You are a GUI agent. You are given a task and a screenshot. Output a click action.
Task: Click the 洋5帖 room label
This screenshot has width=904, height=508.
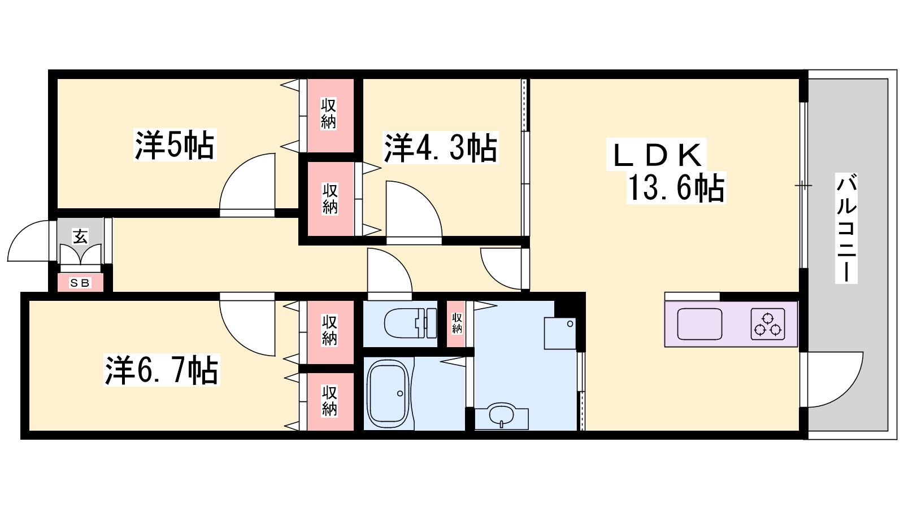pos(175,145)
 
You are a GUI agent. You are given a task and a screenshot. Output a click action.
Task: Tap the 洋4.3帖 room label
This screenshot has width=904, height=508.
pos(441,147)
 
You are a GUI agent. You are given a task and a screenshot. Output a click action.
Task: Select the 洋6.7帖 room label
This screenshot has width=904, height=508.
pos(162,370)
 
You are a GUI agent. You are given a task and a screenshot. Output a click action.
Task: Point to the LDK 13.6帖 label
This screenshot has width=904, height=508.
pos(666,172)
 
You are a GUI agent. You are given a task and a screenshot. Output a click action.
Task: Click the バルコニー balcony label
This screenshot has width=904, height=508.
pos(846,228)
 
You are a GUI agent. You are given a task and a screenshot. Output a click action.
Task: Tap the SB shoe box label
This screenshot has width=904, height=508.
pos(80,283)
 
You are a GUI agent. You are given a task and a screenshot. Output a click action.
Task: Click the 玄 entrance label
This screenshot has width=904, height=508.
pos(80,237)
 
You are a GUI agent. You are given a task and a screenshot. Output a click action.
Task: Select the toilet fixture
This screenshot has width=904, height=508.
pos(410,323)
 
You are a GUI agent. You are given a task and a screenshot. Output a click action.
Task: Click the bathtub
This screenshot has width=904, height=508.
pos(388,393)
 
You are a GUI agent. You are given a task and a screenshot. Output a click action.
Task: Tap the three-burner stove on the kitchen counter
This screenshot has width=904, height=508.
pos(768,324)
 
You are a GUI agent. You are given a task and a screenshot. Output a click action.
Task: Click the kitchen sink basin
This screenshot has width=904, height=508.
pos(699,324)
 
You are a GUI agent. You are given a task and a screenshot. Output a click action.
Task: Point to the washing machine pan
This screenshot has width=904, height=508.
pos(560,333)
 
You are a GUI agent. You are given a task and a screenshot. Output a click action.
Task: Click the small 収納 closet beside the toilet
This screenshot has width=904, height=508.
pos(457,324)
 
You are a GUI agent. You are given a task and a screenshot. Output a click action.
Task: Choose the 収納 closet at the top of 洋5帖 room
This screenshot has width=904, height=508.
pos(331,115)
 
